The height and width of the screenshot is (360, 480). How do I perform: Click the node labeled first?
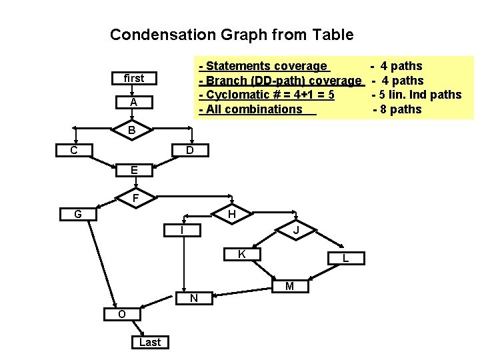[133, 78]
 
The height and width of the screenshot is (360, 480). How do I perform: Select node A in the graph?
[133, 103]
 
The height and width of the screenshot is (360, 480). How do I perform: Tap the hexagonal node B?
[132, 130]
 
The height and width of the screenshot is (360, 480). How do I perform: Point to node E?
[134, 171]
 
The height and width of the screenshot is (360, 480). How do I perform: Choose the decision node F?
[135, 198]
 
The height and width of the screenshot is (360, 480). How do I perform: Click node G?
[78, 214]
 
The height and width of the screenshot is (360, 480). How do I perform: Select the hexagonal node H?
[231, 214]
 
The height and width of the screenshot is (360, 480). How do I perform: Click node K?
[242, 254]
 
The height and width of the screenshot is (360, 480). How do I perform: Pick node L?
[345, 257]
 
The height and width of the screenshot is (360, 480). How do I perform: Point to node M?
[289, 286]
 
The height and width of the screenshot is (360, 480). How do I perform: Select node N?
[193, 298]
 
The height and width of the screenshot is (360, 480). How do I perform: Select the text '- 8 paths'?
[397, 109]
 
